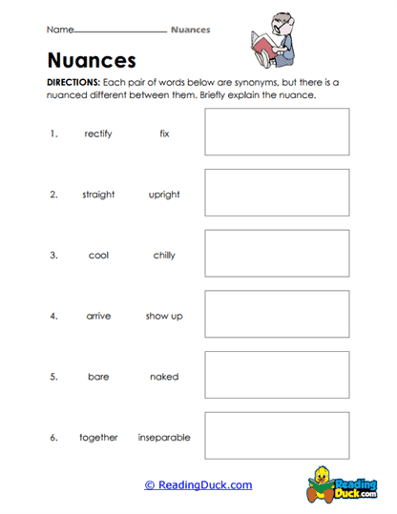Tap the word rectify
[98, 134]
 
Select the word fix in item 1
[164, 134]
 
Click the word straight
[98, 195]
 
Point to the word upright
[164, 195]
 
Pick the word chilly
[164, 256]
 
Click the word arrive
[98, 316]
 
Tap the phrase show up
[164, 316]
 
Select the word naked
[164, 377]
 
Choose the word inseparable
[164, 438]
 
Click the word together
[98, 438]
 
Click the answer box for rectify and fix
[277, 132]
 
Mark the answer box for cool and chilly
[277, 254]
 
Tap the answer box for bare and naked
[277, 375]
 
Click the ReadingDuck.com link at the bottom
[198, 485]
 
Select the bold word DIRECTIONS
[73, 83]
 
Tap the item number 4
[54, 316]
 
